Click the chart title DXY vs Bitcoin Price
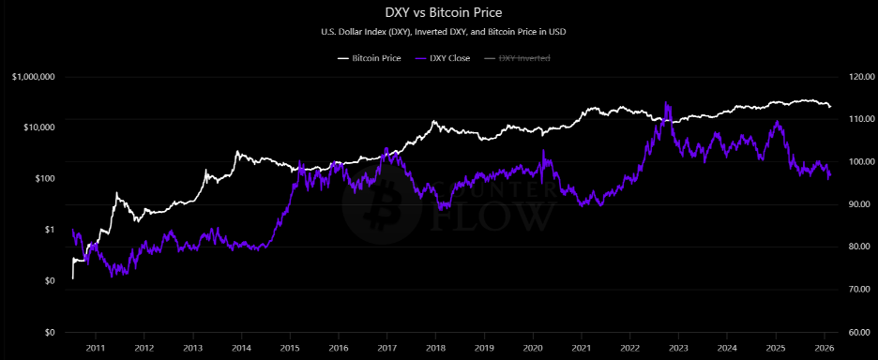(x=439, y=13)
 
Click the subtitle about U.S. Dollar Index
(x=439, y=32)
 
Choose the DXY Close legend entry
(x=449, y=58)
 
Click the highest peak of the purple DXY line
(x=666, y=102)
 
